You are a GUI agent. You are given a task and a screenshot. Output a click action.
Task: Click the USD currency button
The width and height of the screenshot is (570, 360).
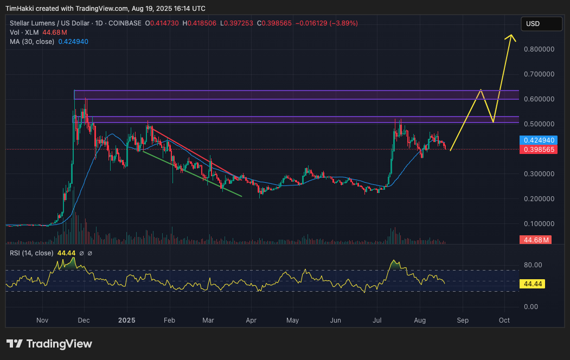[541, 24]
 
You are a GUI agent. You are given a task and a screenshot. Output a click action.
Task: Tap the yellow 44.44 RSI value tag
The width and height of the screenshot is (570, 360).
[531, 284]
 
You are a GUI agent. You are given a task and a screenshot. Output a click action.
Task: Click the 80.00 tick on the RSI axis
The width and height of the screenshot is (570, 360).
[533, 265]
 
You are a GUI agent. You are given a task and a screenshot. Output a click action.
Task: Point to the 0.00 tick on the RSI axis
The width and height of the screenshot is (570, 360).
[531, 307]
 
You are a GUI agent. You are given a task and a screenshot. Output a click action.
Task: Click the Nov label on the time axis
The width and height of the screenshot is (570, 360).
[42, 320]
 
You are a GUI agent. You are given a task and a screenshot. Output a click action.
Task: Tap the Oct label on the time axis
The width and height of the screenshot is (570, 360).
[504, 320]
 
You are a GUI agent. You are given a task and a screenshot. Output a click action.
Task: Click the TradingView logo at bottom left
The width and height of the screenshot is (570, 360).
[49, 344]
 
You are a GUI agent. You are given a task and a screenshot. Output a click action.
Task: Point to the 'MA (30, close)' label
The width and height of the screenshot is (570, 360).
[32, 42]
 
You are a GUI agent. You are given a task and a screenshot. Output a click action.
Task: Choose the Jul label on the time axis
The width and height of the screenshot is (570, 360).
[379, 320]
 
